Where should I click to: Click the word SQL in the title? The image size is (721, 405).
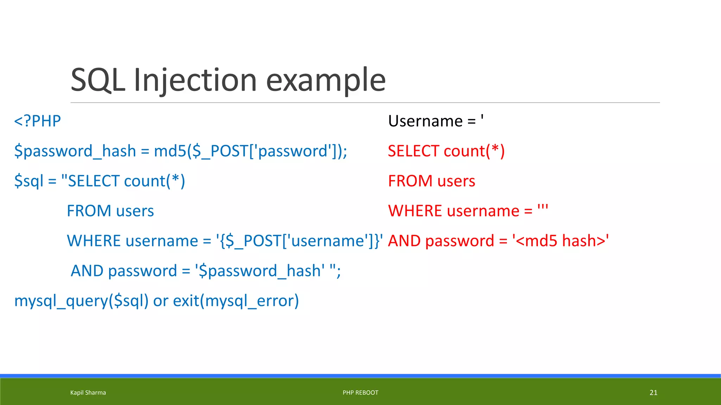(98, 80)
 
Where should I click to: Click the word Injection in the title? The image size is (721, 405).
(195, 80)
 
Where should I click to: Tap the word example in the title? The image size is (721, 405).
(325, 80)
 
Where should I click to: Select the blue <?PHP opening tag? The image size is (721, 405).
(37, 121)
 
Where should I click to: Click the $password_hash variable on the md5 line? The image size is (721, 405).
(75, 151)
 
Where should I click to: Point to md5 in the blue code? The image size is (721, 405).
(170, 151)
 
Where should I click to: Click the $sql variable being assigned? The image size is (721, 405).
(29, 181)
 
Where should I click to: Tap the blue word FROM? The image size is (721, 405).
(89, 211)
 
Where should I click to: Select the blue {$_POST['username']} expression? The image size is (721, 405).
(300, 241)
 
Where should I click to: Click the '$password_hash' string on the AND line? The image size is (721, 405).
(260, 271)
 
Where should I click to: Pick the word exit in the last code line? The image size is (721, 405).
(186, 301)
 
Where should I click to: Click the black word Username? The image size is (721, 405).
(425, 121)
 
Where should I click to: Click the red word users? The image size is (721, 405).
(456, 181)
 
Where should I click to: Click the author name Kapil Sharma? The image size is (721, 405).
(88, 393)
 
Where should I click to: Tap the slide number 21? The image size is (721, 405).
(653, 393)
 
